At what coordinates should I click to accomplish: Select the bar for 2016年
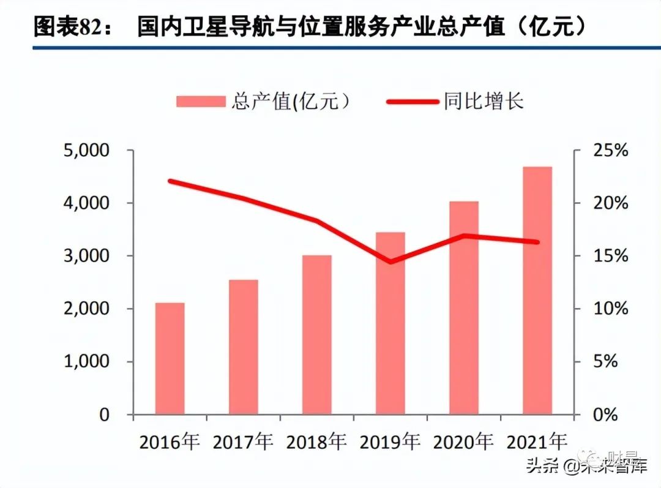tap(170, 359)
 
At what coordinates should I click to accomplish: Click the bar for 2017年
tap(244, 347)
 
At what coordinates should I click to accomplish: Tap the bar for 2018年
tap(317, 335)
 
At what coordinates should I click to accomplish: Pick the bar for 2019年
tap(390, 323)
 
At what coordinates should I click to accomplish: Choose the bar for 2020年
tap(464, 308)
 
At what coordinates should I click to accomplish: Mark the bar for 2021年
tap(537, 290)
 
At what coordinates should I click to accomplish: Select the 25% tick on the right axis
tap(606, 151)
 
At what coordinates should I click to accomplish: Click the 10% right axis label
tap(606, 309)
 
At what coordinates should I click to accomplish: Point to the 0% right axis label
tap(610, 415)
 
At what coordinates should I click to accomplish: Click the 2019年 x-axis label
tap(390, 442)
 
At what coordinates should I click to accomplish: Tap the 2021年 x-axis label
tap(537, 442)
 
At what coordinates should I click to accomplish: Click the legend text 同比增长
tap(484, 101)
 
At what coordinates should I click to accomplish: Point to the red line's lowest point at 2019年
tap(390, 262)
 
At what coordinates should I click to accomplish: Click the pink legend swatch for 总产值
tap(200, 102)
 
